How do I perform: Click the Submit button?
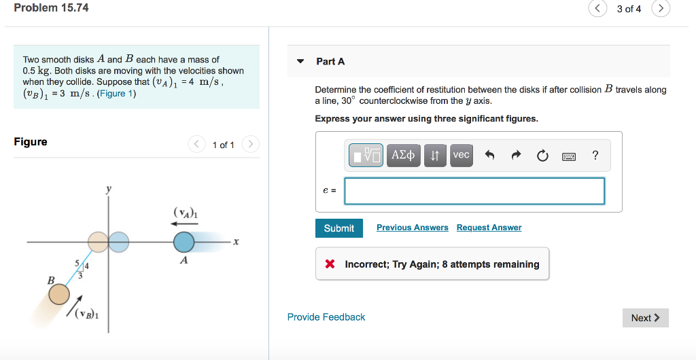coord(338,228)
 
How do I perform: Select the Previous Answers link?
coord(412,228)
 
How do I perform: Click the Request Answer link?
coord(489,228)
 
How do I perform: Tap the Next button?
coord(645,318)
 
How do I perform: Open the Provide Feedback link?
coord(326,317)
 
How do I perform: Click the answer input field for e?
coord(474,191)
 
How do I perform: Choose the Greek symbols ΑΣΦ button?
coord(404,156)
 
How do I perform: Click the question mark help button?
coord(595,156)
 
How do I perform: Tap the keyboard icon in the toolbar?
coord(569,156)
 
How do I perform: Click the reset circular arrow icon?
coord(542,156)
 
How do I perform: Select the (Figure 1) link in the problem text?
coord(117,94)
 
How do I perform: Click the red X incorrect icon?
coord(330,264)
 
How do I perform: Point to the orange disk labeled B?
coord(59,294)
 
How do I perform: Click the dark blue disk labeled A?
coord(184,242)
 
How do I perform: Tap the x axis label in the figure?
coord(235,242)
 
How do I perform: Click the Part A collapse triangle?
coord(300,61)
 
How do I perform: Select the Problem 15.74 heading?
coord(51,8)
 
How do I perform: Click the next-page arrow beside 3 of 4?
coord(661,9)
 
